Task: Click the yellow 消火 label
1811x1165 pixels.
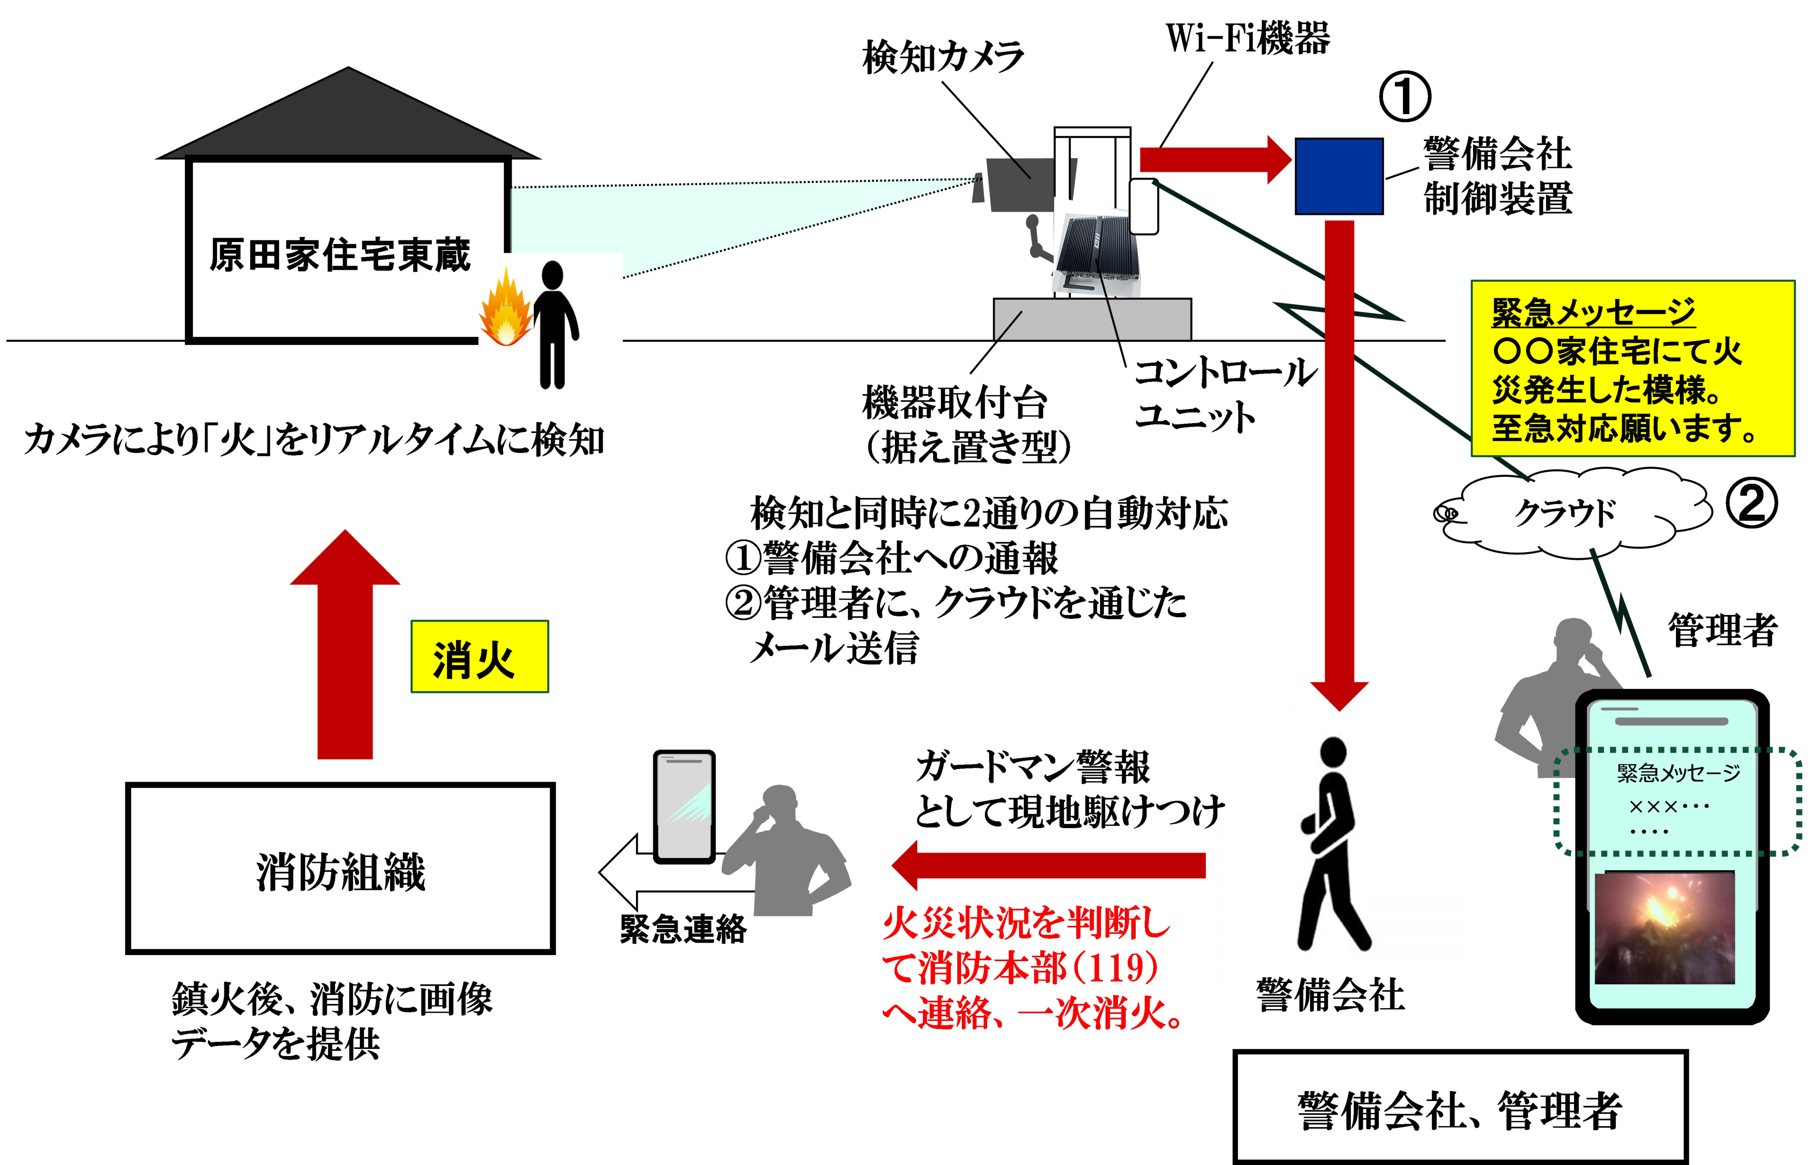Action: (479, 657)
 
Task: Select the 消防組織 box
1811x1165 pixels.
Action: (340, 868)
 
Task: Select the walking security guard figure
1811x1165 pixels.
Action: (1332, 843)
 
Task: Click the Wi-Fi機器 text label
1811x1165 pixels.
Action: (1247, 38)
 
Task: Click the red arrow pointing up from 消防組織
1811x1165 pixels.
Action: (345, 647)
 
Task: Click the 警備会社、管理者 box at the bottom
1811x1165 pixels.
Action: (1460, 1109)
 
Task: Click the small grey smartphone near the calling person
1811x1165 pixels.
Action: (684, 806)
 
